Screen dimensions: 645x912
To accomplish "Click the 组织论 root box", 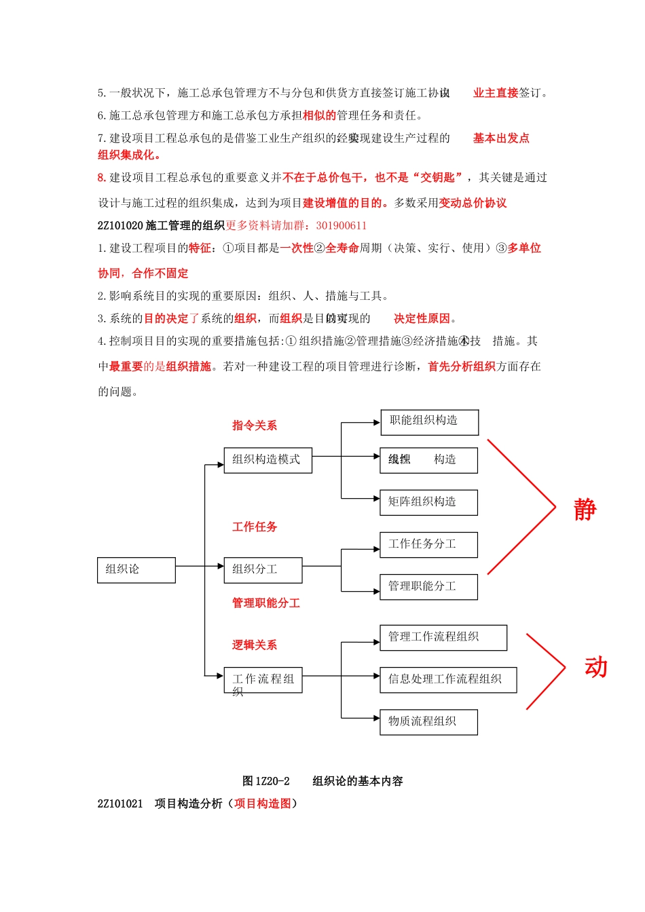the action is (136, 570).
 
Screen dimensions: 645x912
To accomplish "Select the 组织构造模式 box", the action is (268, 460).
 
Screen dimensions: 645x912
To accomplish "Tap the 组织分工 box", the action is (263, 570).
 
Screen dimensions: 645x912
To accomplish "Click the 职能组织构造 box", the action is (429, 422).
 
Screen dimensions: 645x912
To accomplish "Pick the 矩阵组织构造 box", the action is (428, 502).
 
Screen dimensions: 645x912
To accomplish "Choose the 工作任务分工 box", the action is (428, 544).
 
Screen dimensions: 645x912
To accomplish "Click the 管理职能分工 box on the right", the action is (428, 586).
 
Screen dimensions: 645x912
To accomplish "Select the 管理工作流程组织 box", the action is (443, 637).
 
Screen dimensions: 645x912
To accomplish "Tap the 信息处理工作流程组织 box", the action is (448, 679).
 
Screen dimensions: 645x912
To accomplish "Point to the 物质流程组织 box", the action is (428, 721).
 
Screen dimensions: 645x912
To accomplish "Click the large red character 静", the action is (585, 510).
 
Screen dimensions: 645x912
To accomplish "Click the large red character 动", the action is (595, 668).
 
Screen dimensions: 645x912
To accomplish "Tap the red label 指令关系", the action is (255, 425).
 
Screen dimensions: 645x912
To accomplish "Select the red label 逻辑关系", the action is (255, 645).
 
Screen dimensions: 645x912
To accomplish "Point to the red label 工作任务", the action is (255, 527).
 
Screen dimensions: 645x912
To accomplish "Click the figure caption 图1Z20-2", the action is (266, 781).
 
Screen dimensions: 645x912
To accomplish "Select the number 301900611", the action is (341, 225).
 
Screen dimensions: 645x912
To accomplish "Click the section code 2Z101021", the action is (120, 803).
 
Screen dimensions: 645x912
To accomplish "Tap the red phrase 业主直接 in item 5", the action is (496, 93).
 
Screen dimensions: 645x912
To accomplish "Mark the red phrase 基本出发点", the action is (501, 138).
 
